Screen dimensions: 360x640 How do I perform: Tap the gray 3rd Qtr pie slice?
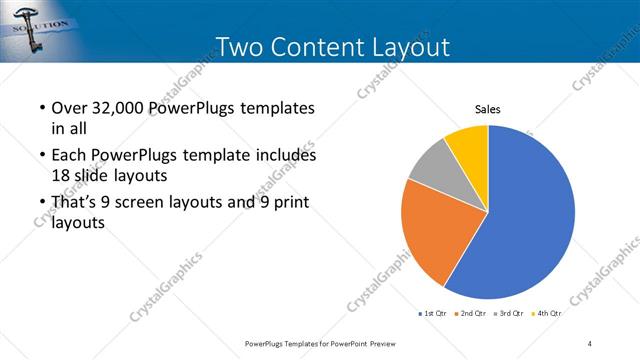click(433, 164)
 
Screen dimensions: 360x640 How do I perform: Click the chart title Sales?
click(487, 110)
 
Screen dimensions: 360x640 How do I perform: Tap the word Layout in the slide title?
click(413, 46)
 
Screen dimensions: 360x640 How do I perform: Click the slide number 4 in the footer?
click(590, 344)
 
